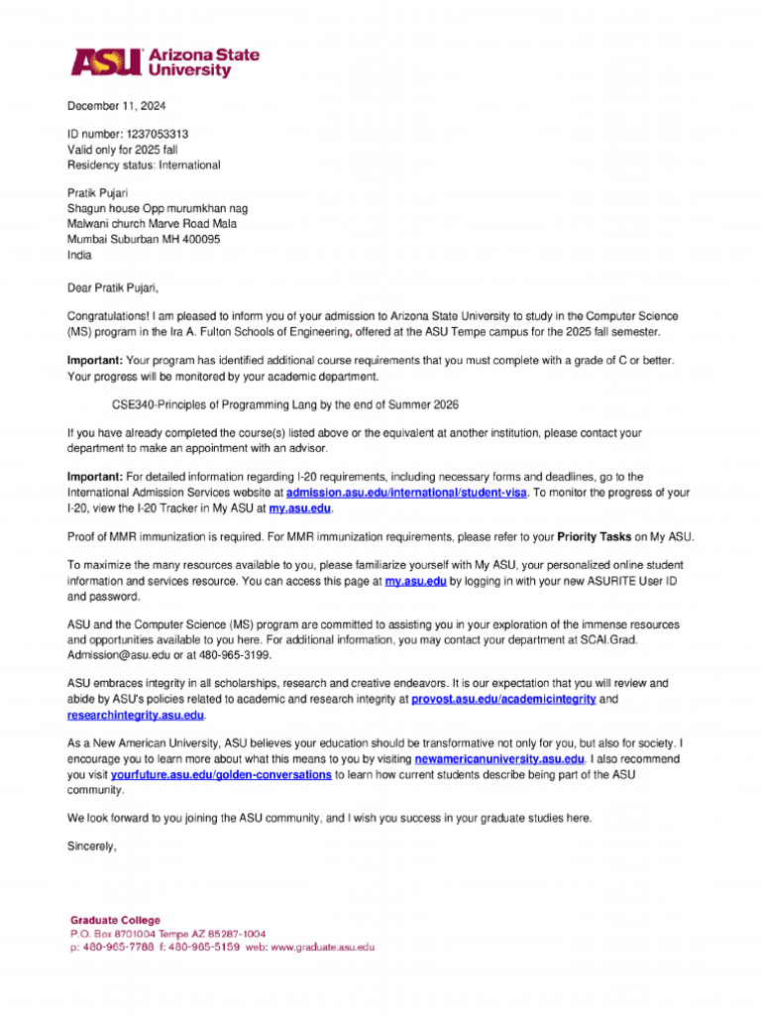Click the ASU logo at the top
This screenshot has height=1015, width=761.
pos(163,62)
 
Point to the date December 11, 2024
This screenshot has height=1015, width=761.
pos(117,106)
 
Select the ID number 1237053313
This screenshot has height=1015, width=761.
pos(156,134)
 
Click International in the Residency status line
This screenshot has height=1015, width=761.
pos(187,165)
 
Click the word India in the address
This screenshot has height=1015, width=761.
pos(79,254)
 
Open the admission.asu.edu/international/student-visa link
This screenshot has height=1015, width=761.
pos(407,493)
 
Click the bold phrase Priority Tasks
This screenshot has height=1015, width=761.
pos(595,537)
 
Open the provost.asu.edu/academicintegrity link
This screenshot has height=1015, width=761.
pos(503,699)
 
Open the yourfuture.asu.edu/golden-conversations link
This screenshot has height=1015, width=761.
pos(221,774)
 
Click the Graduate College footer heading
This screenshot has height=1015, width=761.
pos(115,920)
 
